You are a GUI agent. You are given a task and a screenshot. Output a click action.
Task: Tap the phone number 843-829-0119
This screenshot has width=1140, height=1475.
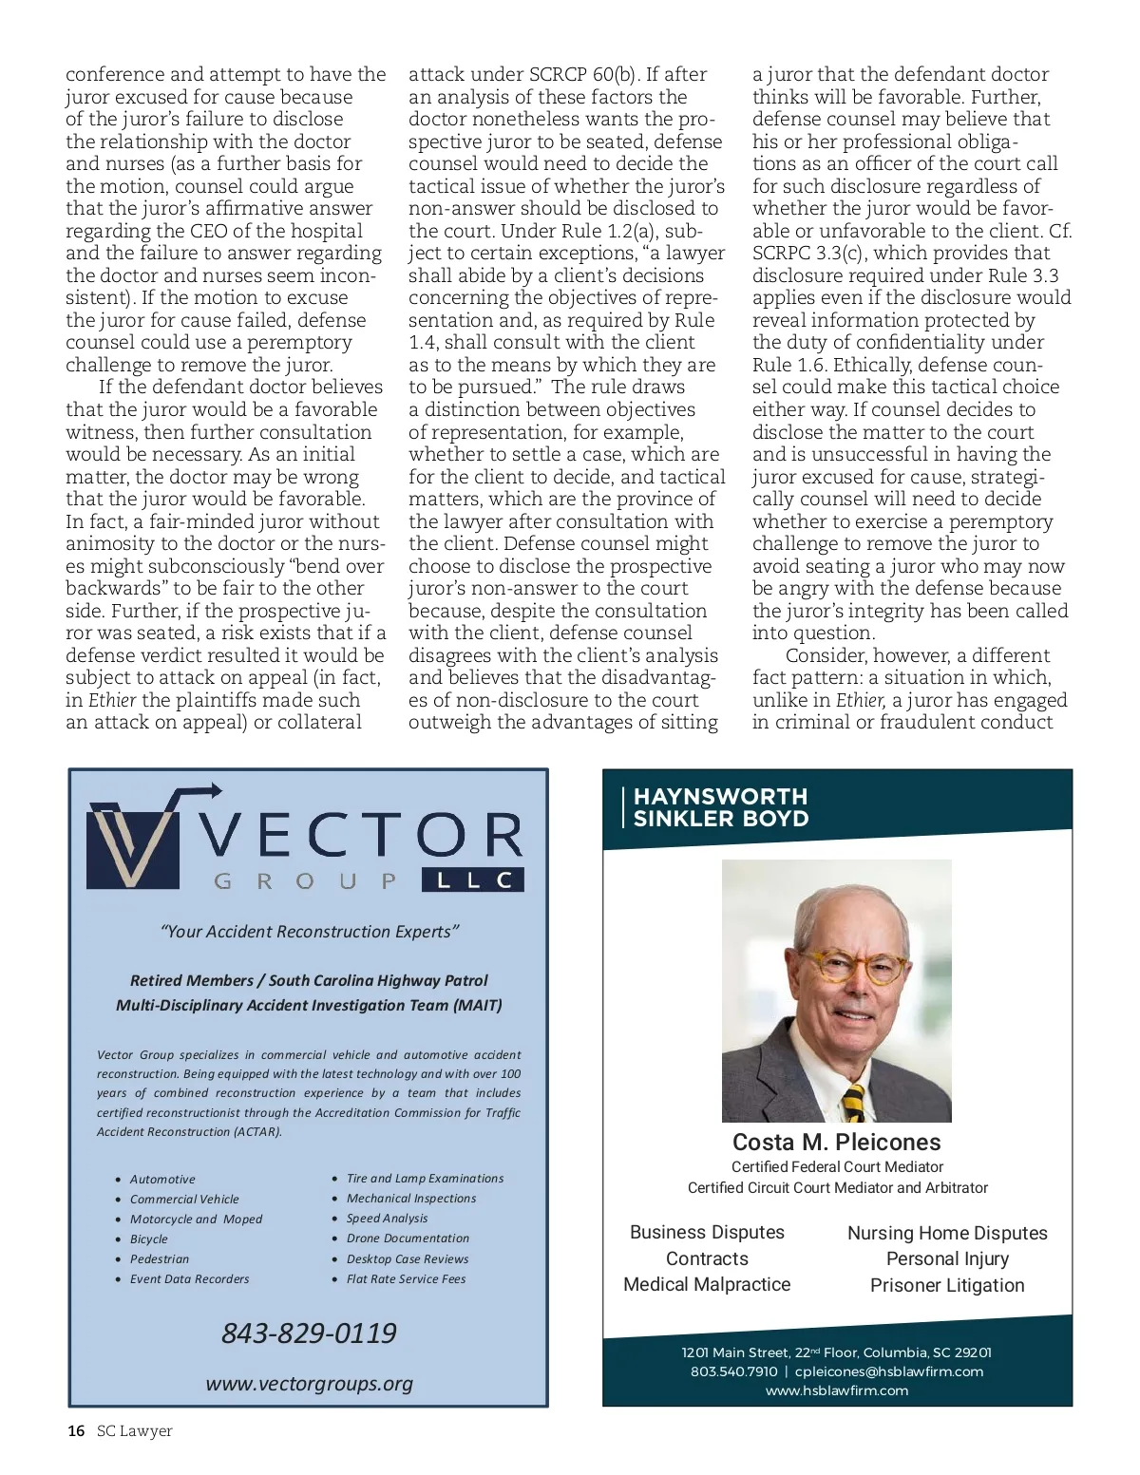pos(309,1333)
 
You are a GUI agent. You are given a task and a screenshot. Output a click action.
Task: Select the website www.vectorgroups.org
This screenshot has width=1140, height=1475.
pos(309,1384)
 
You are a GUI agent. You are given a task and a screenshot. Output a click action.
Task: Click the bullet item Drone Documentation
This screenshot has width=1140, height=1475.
pos(408,1239)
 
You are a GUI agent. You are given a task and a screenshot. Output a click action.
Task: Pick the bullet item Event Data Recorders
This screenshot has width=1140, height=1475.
pos(189,1279)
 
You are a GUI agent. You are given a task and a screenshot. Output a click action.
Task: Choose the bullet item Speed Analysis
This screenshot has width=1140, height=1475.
pos(387,1219)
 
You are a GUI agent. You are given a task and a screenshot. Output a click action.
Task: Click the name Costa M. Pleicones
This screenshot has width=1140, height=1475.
pos(836,1143)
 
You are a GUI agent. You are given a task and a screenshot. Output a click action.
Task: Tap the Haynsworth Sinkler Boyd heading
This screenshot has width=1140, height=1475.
pos(720,808)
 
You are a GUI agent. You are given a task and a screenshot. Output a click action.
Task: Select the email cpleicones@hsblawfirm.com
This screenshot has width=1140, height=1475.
pos(889,1371)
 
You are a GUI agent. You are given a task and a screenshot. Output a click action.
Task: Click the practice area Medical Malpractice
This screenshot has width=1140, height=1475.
pos(707,1284)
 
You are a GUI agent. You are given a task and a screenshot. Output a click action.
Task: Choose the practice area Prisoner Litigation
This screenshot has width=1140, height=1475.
pos(947,1285)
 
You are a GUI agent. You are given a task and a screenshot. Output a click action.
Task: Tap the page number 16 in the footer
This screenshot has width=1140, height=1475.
pos(76,1431)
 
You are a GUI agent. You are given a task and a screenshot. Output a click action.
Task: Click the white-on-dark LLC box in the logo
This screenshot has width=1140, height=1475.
pos(472,880)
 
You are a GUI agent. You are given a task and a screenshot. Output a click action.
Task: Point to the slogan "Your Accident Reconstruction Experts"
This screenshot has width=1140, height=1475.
pos(310,932)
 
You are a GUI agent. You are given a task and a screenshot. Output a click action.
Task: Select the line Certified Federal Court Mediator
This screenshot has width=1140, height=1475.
pos(837,1166)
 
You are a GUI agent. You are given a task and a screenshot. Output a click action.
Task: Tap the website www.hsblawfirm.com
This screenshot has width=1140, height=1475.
pos(837,1390)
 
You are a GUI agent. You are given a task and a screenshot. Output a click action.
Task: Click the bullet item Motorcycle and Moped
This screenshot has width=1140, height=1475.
pos(196,1220)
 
